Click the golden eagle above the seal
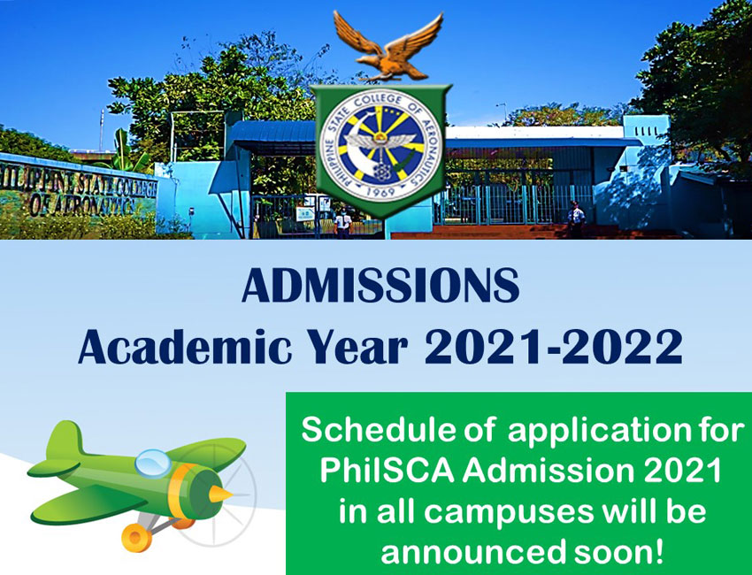click(x=388, y=47)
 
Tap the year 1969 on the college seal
click(x=381, y=192)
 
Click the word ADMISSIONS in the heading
click(x=380, y=286)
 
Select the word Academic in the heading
click(x=185, y=346)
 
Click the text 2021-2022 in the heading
click(x=554, y=346)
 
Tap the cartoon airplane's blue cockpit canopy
click(x=153, y=463)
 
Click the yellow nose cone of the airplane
click(x=220, y=494)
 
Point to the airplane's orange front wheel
click(x=136, y=537)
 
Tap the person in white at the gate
click(x=343, y=223)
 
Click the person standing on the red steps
click(x=576, y=219)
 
